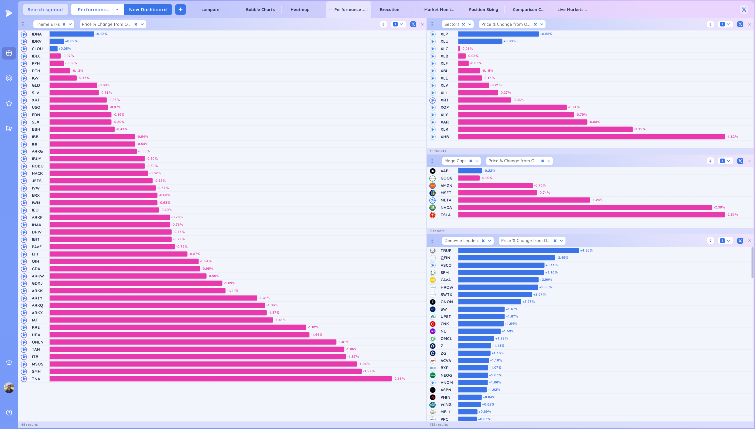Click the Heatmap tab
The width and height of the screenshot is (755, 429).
point(300,9)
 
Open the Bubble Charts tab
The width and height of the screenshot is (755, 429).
point(260,9)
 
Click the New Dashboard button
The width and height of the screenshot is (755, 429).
point(148,9)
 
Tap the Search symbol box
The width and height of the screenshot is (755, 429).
point(45,9)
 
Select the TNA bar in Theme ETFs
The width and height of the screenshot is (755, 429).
point(220,379)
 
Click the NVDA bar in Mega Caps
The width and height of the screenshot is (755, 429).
point(585,208)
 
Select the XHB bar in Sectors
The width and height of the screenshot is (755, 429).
point(591,137)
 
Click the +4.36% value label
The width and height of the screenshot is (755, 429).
point(586,250)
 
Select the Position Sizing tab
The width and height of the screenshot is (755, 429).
point(483,9)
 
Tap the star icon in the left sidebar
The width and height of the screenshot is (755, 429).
point(9,103)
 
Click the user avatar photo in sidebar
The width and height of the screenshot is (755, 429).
point(9,387)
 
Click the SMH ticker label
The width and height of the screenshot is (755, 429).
point(36,371)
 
